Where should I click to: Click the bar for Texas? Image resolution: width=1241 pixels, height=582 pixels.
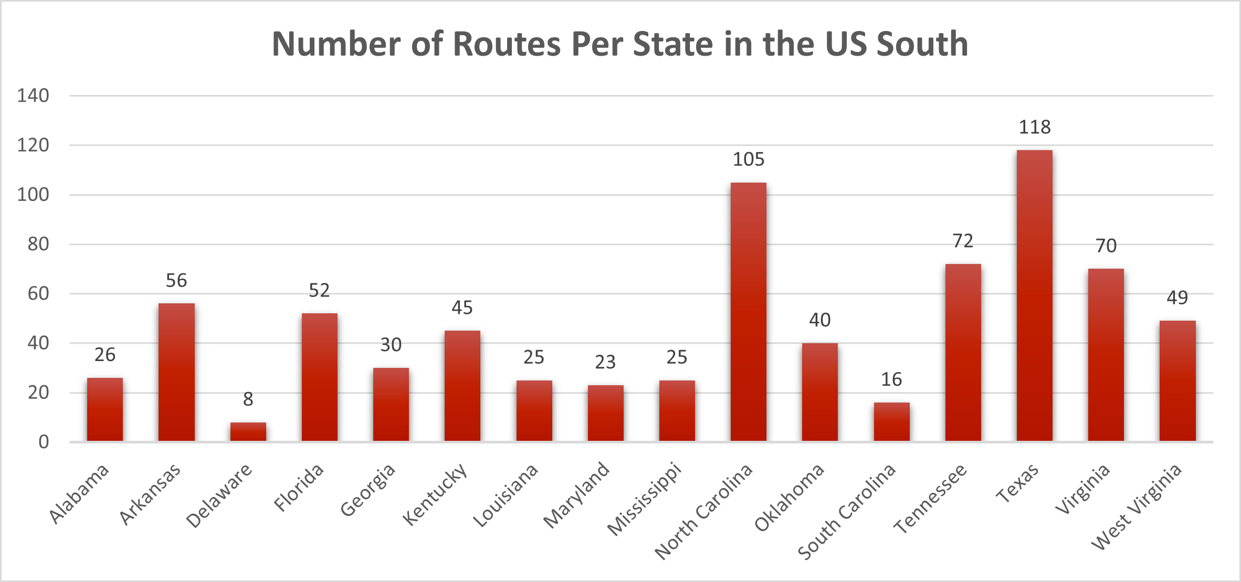1034,295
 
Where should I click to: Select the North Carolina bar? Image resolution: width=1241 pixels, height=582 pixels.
748,312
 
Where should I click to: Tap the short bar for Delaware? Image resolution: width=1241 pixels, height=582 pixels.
248,431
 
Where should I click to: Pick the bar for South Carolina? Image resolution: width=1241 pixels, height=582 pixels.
891,421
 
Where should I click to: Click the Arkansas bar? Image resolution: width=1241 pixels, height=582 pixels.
176,372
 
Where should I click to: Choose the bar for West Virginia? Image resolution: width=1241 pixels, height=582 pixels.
1177,380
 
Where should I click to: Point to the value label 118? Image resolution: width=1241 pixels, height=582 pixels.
1034,128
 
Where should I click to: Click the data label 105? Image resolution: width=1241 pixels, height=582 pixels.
748,160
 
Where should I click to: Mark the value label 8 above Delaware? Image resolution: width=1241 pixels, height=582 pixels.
248,400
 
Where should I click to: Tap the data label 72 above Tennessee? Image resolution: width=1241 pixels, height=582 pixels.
963,241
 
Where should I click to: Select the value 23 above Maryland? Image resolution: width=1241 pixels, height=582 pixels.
605,363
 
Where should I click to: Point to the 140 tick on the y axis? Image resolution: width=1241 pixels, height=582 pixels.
33,96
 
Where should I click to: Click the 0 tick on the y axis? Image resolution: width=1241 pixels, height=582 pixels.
44,442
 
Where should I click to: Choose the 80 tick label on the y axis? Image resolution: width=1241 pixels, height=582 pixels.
38,245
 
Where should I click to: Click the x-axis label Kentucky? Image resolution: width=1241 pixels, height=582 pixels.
435,494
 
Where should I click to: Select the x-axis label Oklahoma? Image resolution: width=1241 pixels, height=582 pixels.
789,498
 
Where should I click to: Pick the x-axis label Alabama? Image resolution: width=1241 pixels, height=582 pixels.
79,494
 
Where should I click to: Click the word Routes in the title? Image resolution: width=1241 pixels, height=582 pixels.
507,44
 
